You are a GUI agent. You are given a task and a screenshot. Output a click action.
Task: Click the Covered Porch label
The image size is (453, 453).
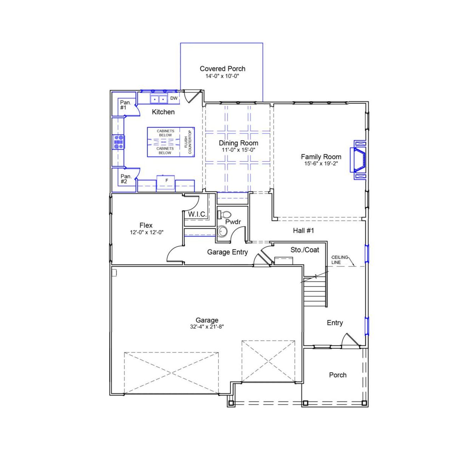point(222,69)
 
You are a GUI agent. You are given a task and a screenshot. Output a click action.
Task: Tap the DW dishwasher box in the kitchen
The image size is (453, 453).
point(174,98)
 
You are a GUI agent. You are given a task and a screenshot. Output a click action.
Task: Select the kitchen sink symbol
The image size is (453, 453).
point(158,99)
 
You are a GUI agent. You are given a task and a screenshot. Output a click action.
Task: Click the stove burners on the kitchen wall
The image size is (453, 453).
point(119,142)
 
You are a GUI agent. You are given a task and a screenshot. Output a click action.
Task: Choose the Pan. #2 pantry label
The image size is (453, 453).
point(126,179)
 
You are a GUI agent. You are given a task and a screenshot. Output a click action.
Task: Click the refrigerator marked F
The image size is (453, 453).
point(167,181)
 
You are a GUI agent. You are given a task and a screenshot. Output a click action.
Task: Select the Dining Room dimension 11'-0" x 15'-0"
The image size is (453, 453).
point(238,150)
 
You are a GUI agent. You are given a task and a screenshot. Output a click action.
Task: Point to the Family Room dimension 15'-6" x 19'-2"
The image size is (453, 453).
point(321,163)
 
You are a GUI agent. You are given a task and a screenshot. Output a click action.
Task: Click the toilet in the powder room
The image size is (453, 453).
point(225,214)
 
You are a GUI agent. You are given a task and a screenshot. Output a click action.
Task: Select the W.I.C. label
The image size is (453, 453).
point(197,214)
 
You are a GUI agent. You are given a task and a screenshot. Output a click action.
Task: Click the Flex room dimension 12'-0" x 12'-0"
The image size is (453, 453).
point(146,233)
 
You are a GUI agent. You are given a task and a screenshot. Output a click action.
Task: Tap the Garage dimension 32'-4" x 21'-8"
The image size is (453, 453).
point(207,327)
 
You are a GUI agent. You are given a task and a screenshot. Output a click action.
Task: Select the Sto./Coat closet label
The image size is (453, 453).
point(305,250)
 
